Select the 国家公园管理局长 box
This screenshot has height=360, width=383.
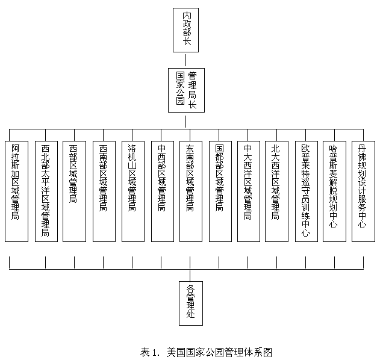pyautogui.click(x=186, y=90)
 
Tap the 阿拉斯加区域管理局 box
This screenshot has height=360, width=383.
pyautogui.click(x=16, y=191)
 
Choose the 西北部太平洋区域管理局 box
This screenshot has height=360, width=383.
pyautogui.click(x=46, y=191)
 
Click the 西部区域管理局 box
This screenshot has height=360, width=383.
pyautogui.click(x=74, y=191)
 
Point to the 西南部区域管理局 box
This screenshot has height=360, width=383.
pyautogui.click(x=104, y=191)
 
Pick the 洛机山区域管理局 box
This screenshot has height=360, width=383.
pyautogui.click(x=132, y=191)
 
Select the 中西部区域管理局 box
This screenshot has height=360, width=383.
pyautogui.click(x=161, y=191)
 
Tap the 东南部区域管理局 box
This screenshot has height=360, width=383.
pyautogui.click(x=191, y=191)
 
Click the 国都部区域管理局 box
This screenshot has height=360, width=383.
pyautogui.click(x=220, y=191)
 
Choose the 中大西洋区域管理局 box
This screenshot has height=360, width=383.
pyautogui.click(x=248, y=191)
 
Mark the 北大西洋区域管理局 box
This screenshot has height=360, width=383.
pyautogui.click(x=276, y=191)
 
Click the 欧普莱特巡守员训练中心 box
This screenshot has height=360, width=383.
pyautogui.click(x=306, y=191)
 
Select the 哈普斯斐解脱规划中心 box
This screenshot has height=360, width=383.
pyautogui.click(x=334, y=191)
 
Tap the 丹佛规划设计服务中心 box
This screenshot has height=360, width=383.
pyautogui.click(x=363, y=191)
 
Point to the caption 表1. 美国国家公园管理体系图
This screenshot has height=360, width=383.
pyautogui.click(x=207, y=352)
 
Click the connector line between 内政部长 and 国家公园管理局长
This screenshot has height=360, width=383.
pyautogui.click(x=186, y=61)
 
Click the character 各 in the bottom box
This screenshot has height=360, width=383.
pyautogui.click(x=191, y=288)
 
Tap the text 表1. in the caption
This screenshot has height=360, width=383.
pyautogui.click(x=149, y=352)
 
